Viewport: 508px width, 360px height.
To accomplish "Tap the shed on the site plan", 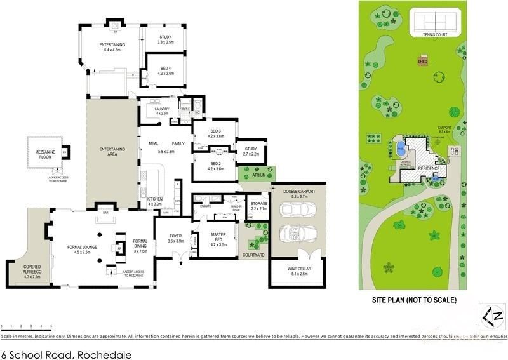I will (x=422, y=61).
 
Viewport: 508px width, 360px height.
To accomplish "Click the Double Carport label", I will (x=298, y=192).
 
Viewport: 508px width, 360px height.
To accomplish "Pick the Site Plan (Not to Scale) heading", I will (x=413, y=300).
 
